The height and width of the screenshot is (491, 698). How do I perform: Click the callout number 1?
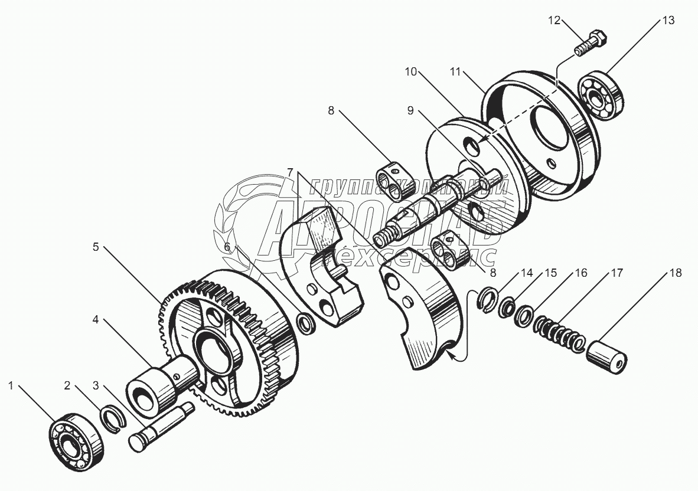[x=11, y=386]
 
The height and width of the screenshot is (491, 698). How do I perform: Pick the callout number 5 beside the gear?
[x=96, y=247]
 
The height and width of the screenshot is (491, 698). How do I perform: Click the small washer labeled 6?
[x=306, y=323]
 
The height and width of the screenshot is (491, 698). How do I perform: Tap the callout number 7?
[x=291, y=172]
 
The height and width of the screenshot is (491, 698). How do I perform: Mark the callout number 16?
[x=581, y=273]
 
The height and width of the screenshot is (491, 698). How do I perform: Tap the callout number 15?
[x=550, y=273]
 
